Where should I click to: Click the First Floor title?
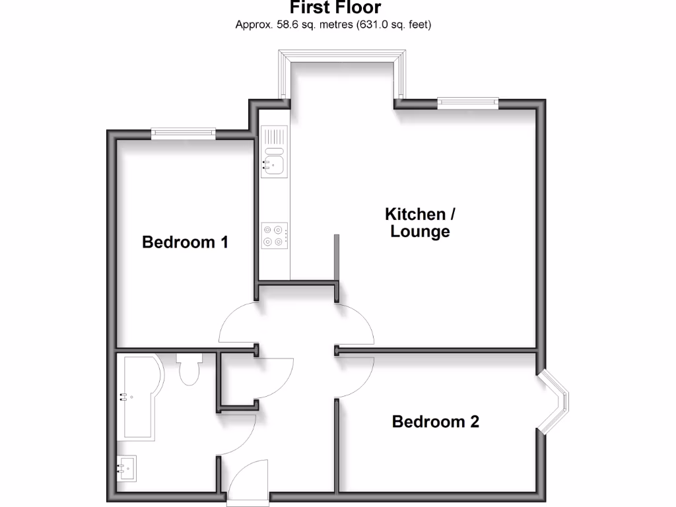335,8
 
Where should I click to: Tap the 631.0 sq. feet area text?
393,25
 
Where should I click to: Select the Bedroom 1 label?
186,242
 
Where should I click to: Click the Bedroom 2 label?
435,421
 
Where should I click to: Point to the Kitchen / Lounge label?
420,222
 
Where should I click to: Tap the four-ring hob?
275,236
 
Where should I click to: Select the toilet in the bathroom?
189,368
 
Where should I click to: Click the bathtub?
136,396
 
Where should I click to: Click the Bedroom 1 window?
184,133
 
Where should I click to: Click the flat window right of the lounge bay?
467,102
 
